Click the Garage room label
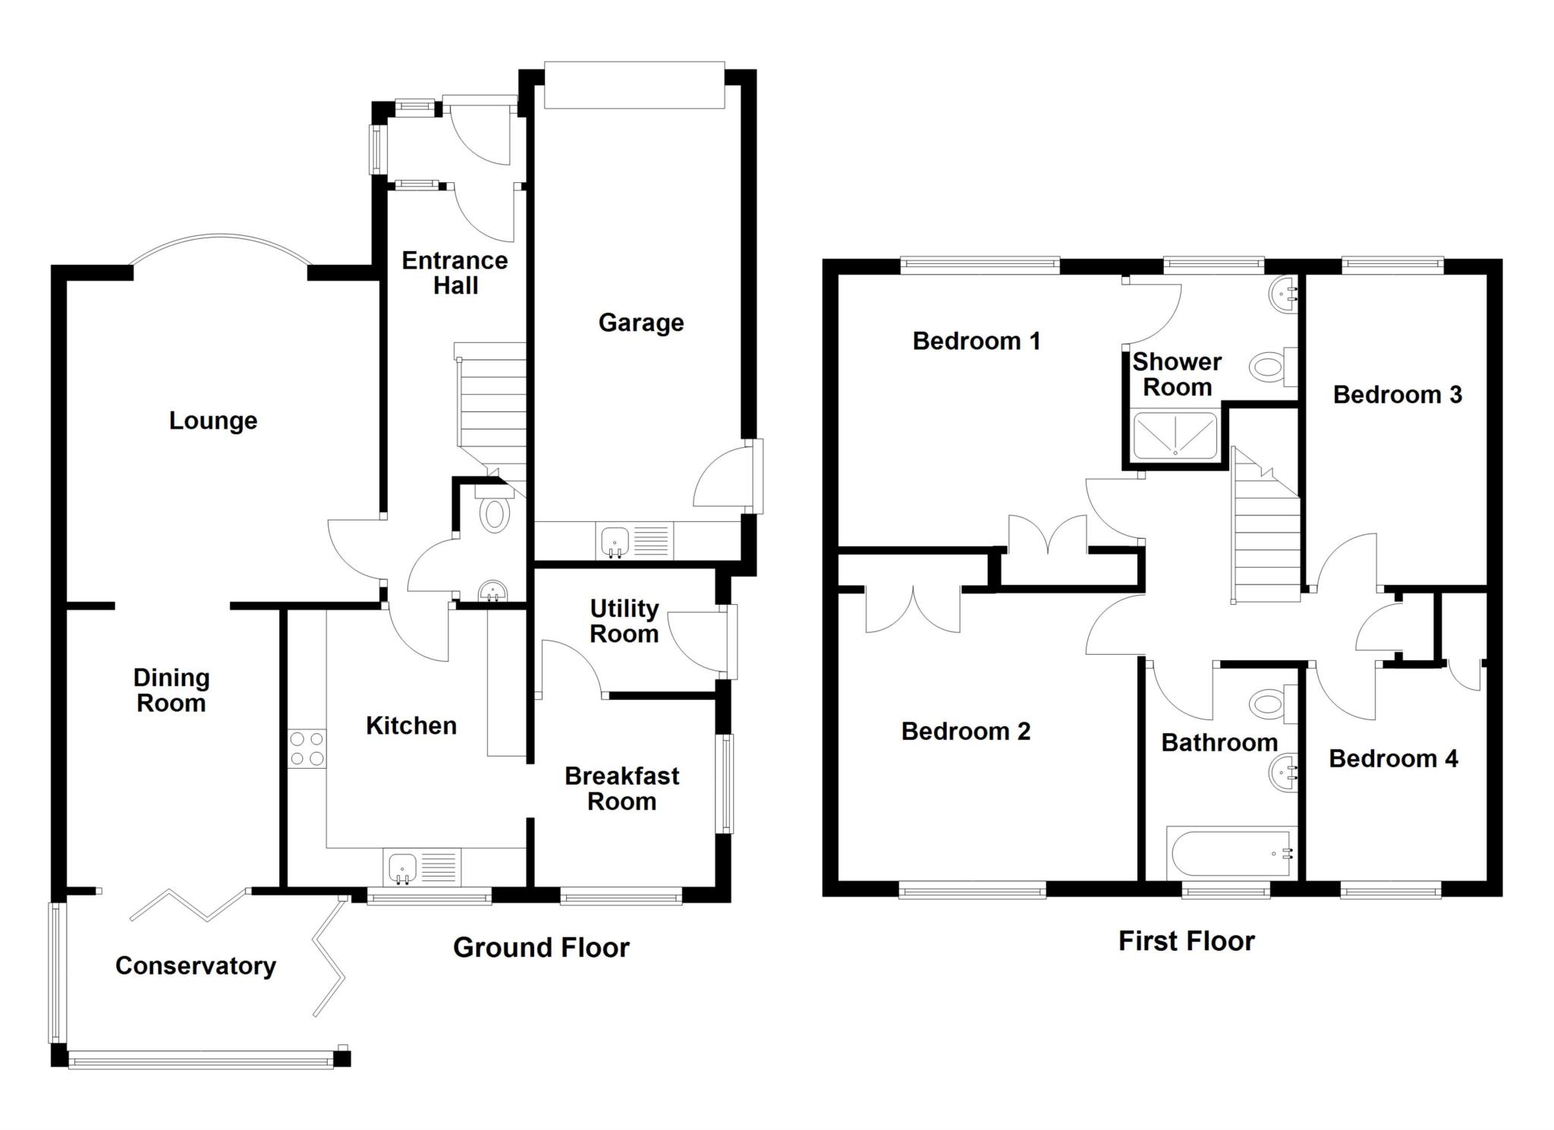[640, 323]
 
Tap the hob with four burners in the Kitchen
[307, 748]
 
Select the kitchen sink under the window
[403, 867]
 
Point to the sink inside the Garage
[615, 542]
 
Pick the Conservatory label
[195, 965]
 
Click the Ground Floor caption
[541, 947]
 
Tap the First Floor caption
[1186, 941]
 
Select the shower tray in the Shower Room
[1175, 436]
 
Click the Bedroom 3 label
[1397, 395]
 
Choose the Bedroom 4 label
[1393, 759]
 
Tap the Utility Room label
[624, 621]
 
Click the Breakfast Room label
[621, 788]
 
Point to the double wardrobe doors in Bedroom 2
[913, 611]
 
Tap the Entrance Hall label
[455, 272]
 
